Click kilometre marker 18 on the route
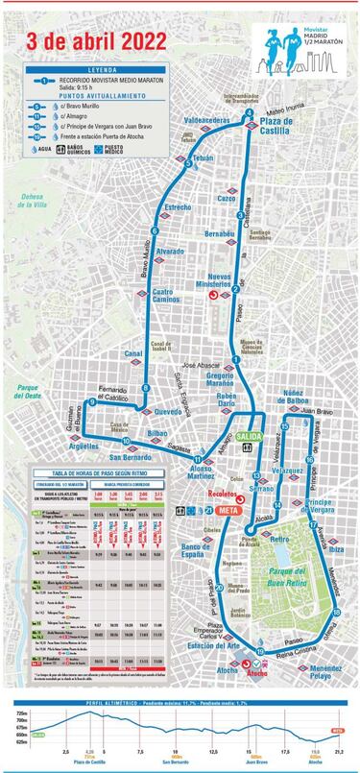click(335, 611)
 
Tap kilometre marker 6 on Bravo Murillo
click(155, 230)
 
